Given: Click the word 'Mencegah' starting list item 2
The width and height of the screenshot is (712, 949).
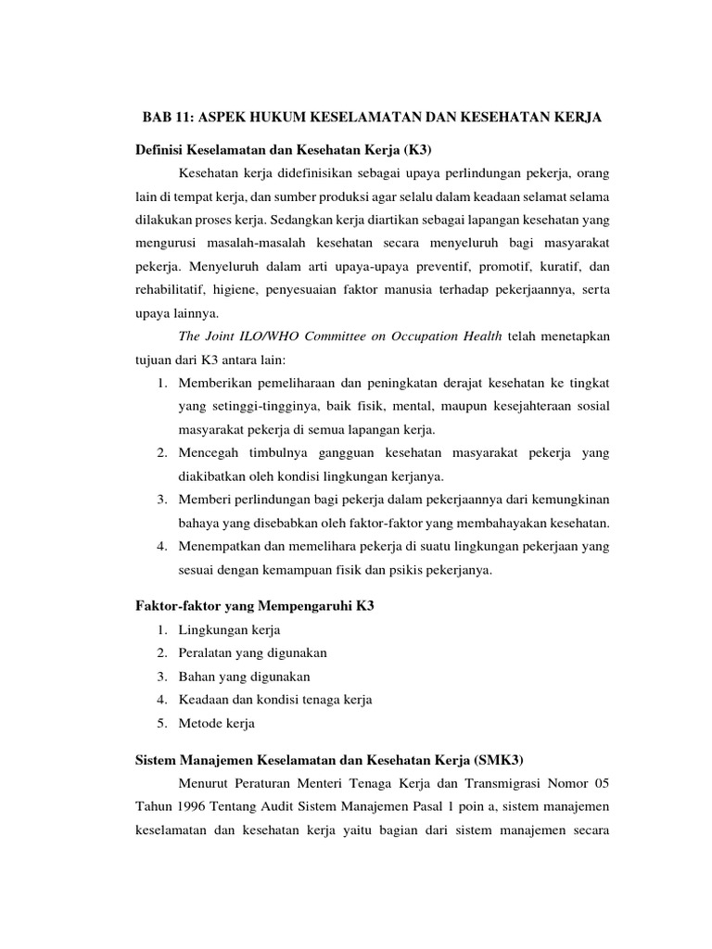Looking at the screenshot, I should [210, 454].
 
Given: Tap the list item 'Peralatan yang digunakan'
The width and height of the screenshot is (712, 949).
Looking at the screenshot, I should [252, 653].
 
